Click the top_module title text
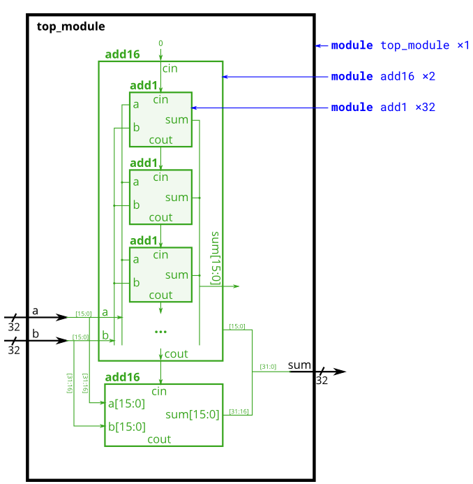click(70, 27)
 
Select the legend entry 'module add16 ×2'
click(383, 76)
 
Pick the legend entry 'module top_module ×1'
click(400, 45)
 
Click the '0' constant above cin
click(160, 43)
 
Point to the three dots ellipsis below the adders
click(160, 331)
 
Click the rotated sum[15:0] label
click(215, 257)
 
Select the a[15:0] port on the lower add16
click(126, 403)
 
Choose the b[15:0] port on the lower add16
click(126, 427)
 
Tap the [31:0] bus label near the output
click(268, 367)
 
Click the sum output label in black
click(299, 365)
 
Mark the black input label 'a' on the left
click(34, 310)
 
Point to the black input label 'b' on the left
click(34, 334)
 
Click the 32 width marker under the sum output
click(322, 381)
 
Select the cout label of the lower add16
click(159, 439)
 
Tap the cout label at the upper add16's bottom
click(176, 354)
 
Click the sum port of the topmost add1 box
click(177, 119)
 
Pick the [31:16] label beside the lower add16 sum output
click(239, 411)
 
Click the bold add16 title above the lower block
click(122, 377)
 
